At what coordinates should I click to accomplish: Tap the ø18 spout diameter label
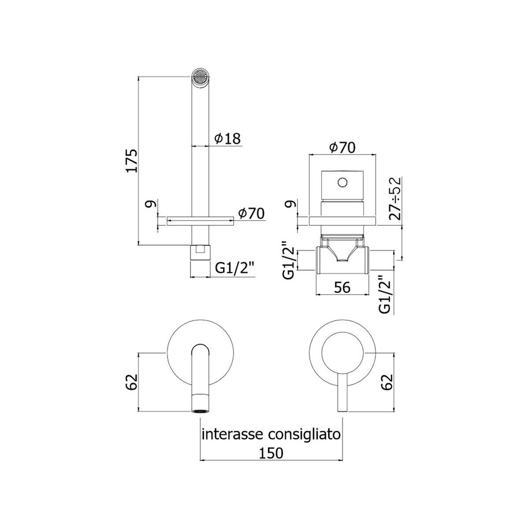tap(227, 139)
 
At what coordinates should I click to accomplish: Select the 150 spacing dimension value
tap(271, 453)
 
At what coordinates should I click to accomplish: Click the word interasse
tap(233, 434)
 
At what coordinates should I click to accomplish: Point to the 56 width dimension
tap(342, 288)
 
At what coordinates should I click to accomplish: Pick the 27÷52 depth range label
tap(395, 199)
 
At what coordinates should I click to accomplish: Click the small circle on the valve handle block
tap(342, 182)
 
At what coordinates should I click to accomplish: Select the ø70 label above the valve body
tap(342, 148)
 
